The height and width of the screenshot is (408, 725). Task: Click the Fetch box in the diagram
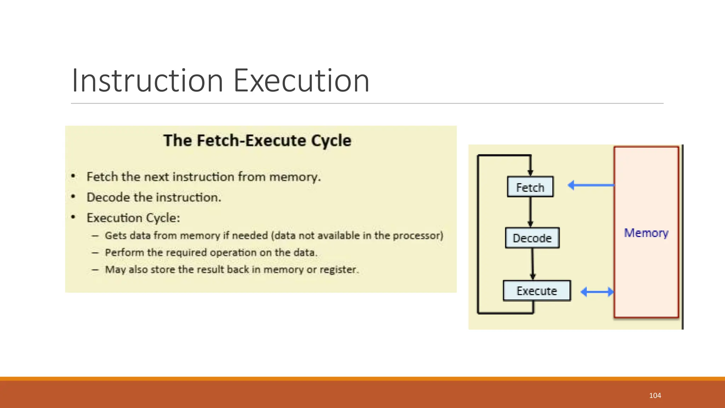tap(530, 187)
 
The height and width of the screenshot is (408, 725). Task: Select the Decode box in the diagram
tap(532, 238)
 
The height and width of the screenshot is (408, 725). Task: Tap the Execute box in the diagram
tap(537, 291)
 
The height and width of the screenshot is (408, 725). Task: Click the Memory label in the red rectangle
tap(646, 233)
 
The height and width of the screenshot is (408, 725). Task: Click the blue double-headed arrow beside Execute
tap(597, 292)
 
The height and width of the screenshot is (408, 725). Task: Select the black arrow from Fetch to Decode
tap(530, 212)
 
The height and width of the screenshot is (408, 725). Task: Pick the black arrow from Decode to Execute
tap(532, 264)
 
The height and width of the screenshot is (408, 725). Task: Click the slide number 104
tap(655, 396)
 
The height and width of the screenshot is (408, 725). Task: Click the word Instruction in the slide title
tap(147, 81)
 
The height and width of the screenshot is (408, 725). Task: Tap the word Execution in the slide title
tap(301, 81)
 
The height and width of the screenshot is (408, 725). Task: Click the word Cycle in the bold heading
tap(331, 141)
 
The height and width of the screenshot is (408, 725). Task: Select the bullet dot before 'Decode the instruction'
tap(73, 197)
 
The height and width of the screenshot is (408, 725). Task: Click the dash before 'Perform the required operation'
tap(95, 253)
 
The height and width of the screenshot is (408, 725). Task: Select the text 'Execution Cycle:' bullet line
tap(133, 218)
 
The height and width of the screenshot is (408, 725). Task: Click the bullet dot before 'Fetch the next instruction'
tap(73, 176)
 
